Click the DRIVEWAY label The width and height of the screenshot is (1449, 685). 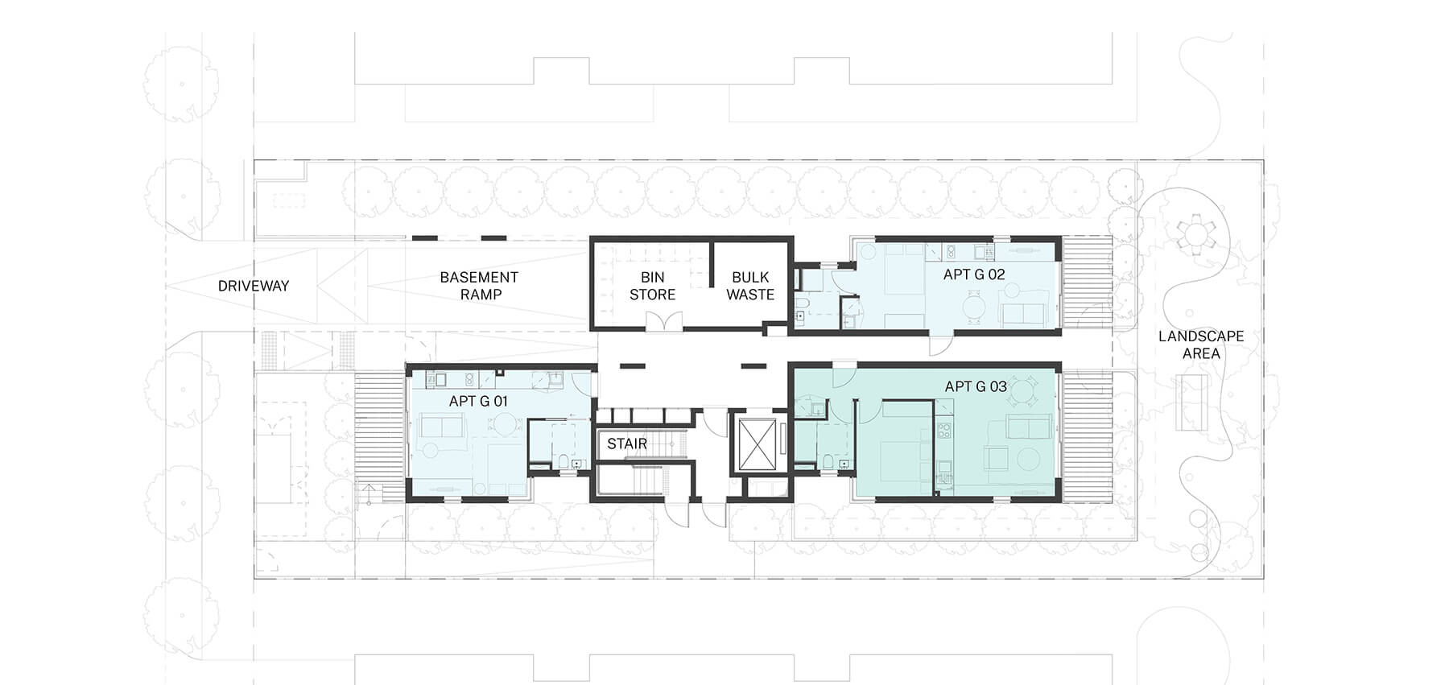point(253,286)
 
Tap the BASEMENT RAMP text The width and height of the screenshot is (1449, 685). point(479,286)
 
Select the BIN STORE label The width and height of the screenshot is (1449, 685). point(652,286)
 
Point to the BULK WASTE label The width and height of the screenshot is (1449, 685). point(749,286)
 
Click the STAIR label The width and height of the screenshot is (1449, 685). point(627,444)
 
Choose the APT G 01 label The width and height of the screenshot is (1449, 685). point(478,401)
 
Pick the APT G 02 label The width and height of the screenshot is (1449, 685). point(974,274)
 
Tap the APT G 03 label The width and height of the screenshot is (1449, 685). point(976,386)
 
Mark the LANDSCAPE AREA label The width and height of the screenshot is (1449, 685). point(1201,345)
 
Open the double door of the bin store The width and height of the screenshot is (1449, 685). point(664,321)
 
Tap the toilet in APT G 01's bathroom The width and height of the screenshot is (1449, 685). point(563,462)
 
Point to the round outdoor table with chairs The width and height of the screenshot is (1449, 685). point(1191,236)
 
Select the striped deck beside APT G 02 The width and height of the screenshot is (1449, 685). point(1088,282)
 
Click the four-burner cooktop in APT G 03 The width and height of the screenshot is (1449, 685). point(944,427)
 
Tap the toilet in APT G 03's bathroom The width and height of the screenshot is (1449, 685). point(828,462)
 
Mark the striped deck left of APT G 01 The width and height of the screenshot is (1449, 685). point(379,437)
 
